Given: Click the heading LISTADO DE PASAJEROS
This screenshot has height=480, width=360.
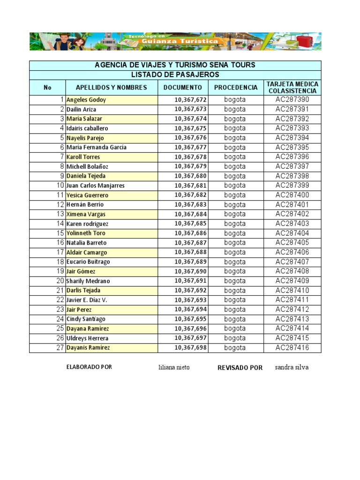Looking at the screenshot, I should click(x=175, y=75).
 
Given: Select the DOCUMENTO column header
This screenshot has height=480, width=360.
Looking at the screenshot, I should click(x=183, y=88).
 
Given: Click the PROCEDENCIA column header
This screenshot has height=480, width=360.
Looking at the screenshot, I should click(x=236, y=88).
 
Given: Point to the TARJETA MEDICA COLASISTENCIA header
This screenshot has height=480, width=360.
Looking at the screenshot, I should click(x=292, y=88).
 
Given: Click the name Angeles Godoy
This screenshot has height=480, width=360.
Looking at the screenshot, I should click(x=86, y=100).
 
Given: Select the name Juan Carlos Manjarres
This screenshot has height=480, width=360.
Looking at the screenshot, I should click(x=96, y=186).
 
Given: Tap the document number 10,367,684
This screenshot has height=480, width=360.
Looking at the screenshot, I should click(x=190, y=214).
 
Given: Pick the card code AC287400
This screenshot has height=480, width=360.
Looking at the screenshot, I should click(x=292, y=195).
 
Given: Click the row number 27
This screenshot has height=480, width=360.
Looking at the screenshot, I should click(x=60, y=348).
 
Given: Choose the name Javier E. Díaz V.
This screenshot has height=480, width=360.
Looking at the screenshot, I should click(x=87, y=300).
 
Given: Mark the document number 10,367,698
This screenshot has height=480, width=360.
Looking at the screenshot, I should click(x=190, y=348).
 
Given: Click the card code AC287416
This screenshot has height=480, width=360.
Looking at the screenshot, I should click(x=292, y=348).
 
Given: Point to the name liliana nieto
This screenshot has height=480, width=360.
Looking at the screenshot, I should click(x=174, y=367).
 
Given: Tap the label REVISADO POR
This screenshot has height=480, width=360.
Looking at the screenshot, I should click(x=240, y=368).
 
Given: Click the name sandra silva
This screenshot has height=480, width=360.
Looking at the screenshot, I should click(x=292, y=367).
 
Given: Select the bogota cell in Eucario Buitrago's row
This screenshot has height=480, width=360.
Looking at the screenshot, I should click(x=235, y=262).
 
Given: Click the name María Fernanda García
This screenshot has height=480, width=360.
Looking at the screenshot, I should click(x=97, y=148).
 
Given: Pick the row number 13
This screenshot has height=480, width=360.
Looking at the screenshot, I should click(x=60, y=214).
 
